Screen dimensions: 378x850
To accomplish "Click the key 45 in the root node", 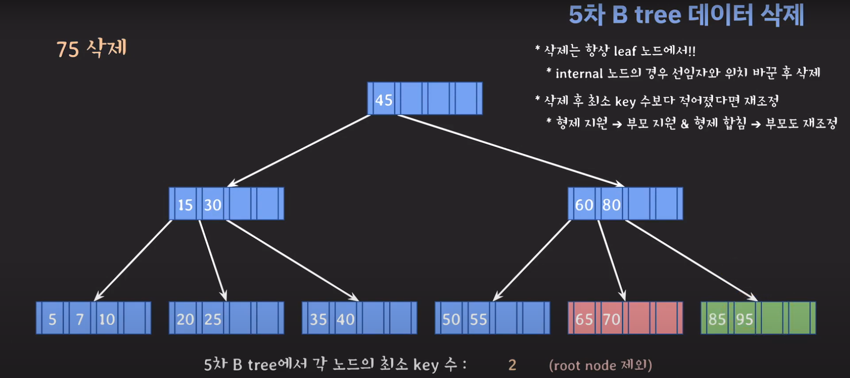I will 384,100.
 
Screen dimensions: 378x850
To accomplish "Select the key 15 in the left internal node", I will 185,205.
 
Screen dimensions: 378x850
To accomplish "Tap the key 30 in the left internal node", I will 212,205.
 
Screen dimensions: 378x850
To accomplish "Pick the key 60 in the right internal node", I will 584,205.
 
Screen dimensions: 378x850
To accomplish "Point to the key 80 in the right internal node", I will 611,205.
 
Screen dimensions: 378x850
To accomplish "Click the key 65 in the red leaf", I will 584,319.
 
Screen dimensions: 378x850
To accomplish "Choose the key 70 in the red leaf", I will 611,319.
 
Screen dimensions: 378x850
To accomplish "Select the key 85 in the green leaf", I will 717,319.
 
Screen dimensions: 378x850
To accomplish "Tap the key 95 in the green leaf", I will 744,319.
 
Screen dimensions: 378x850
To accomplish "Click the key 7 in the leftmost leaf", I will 80,319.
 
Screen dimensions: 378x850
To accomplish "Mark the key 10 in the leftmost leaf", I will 107,319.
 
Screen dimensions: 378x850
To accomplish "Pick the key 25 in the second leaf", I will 212,319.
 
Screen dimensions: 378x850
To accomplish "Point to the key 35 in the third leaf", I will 318,319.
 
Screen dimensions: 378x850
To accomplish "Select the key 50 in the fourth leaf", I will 451,319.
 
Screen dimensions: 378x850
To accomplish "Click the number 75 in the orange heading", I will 68,49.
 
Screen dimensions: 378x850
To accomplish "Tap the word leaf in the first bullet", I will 625,51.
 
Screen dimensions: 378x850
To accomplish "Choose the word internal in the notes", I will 579,73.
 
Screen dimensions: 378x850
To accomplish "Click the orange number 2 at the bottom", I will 512,365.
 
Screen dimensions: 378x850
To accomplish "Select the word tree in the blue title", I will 658,15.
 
